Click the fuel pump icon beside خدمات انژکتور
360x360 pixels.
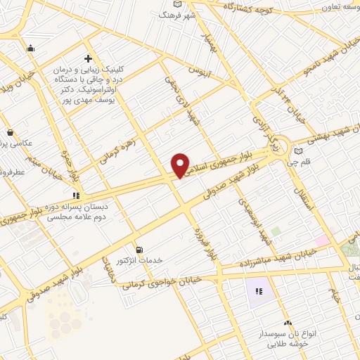[139, 250]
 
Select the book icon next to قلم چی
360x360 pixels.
[299, 150]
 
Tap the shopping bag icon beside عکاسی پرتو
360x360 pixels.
[10, 132]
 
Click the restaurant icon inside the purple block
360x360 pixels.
[258, 291]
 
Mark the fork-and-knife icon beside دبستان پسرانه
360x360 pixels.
[75, 196]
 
